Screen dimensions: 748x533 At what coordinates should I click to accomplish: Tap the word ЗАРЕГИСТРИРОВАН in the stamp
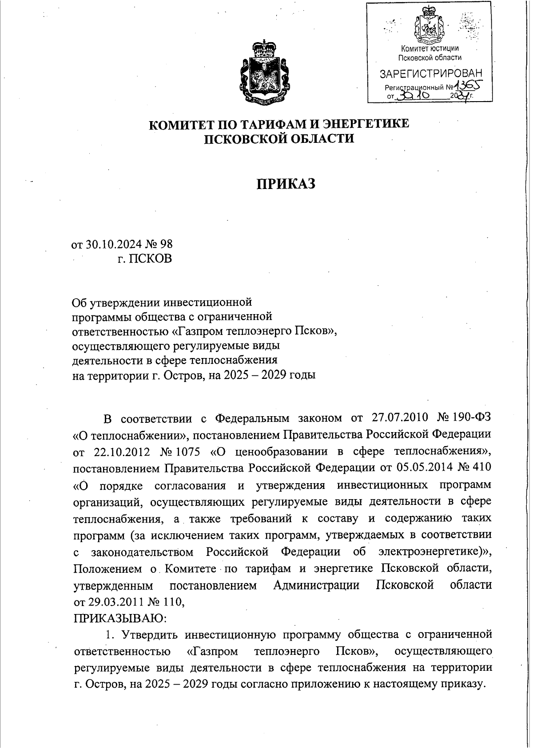pos(430,72)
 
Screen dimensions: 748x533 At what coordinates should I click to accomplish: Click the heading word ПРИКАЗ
pos(286,183)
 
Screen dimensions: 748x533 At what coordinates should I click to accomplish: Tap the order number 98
pos(166,244)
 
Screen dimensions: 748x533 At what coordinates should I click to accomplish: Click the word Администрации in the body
pos(316,585)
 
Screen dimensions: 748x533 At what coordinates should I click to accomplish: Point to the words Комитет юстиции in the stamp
pos(430,48)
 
